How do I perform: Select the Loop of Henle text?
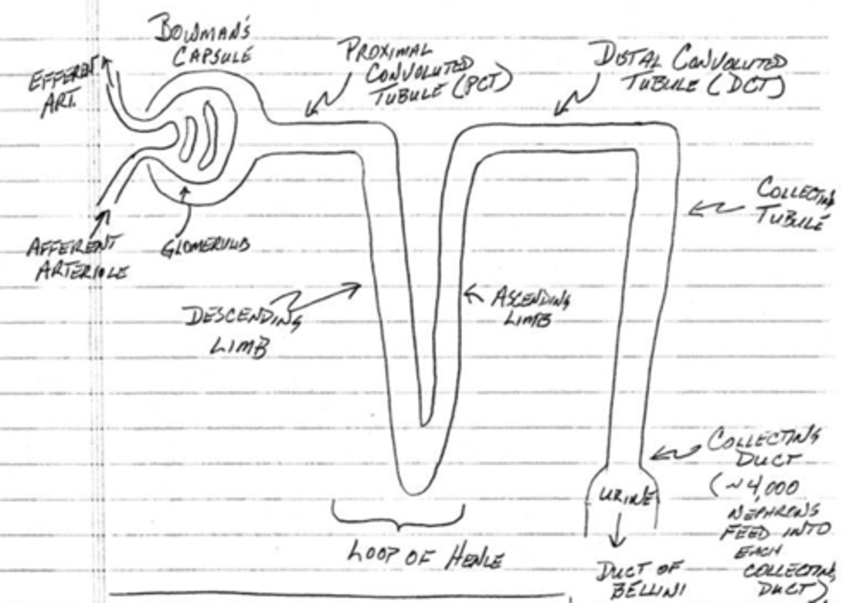click(x=425, y=556)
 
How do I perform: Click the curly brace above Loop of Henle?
click(x=398, y=518)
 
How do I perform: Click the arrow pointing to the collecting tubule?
click(x=715, y=209)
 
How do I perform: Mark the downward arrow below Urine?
click(x=616, y=529)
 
